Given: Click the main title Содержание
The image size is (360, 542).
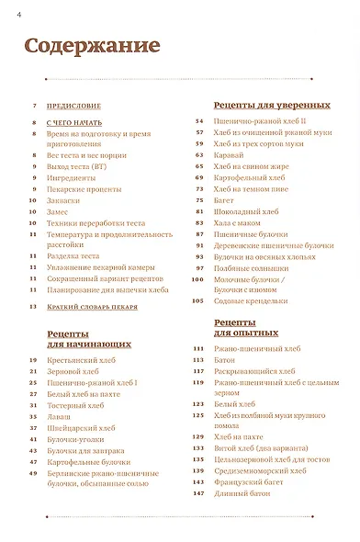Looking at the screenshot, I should tap(92, 46).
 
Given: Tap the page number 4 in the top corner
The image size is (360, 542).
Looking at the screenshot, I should tap(6, 11).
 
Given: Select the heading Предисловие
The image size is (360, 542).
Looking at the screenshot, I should tap(72, 107).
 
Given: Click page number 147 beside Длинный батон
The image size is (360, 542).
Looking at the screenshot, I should tap(197, 494).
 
